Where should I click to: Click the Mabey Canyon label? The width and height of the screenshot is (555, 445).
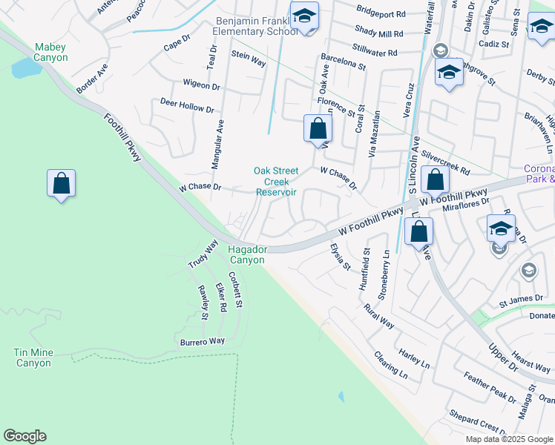coord(50,52)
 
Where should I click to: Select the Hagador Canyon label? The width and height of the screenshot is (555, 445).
coord(247,254)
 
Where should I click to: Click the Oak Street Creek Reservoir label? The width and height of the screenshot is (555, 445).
coord(276,181)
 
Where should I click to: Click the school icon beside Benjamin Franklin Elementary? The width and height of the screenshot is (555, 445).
coord(303,16)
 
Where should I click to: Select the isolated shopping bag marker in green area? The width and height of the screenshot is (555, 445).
coord(61,183)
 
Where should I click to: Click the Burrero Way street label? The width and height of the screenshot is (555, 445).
coord(202,341)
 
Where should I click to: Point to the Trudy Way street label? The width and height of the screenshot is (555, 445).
coord(202,254)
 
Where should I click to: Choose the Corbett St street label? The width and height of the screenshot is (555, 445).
coord(236,289)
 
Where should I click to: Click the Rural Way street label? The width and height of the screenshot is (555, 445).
coord(378,316)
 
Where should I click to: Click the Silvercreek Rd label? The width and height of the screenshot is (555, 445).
coord(445,165)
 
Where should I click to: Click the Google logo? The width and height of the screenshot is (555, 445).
coord(24,436)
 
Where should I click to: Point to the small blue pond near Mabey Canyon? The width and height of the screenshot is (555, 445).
coord(27,69)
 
